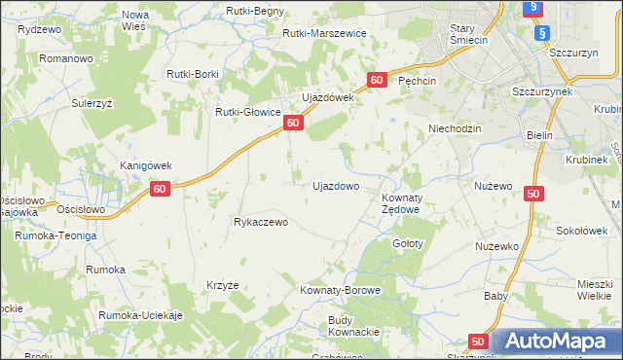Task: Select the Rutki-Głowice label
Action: [x=248, y=111]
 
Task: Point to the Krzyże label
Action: [x=223, y=285]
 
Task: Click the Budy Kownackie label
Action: [x=353, y=325]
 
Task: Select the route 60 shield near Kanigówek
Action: [x=163, y=190]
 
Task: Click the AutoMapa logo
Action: [x=555, y=341]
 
